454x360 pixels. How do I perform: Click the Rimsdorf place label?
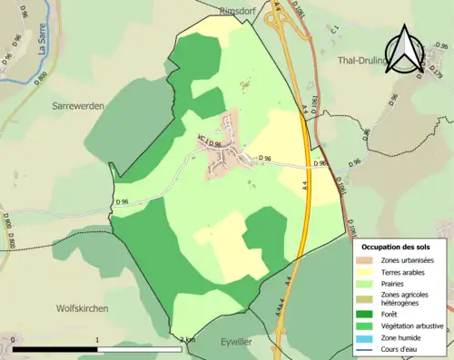click(240, 10)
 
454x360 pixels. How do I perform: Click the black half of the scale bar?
click(55, 349)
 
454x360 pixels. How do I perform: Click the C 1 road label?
click(335, 31)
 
